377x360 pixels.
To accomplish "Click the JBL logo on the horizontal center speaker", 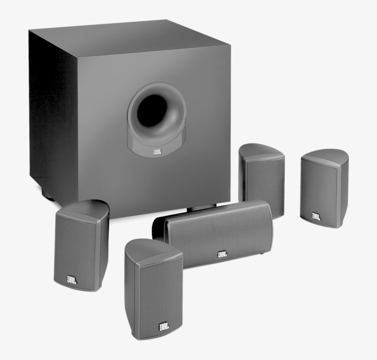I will [222, 253].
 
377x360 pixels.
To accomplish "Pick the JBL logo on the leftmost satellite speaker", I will [72, 279].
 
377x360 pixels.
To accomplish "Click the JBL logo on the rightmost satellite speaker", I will [316, 216].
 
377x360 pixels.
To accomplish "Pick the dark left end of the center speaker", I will [159, 230].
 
